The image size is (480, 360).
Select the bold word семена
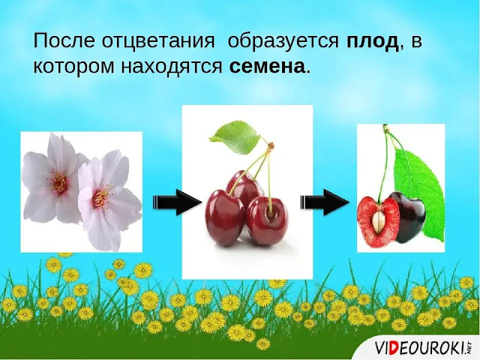(268, 66)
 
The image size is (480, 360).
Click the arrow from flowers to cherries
(177, 202)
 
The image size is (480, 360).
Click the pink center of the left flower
(59, 183)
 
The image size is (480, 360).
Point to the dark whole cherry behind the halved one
(408, 217)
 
